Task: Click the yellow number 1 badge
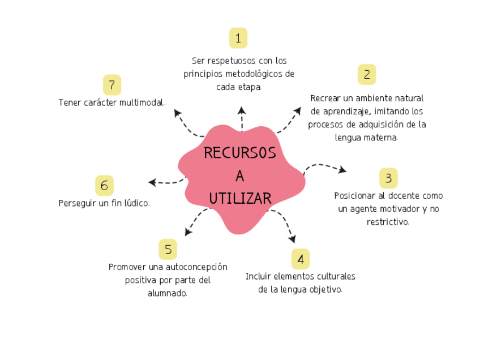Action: [238, 38]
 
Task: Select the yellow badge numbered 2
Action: [367, 74]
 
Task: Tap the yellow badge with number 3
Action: [388, 178]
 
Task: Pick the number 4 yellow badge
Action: [301, 259]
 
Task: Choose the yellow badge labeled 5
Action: [168, 249]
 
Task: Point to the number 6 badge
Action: [104, 186]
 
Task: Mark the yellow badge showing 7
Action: [112, 85]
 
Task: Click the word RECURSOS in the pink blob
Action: [240, 153]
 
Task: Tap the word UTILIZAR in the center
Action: [240, 198]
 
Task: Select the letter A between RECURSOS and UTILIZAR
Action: [240, 176]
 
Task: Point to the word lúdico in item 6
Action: [136, 203]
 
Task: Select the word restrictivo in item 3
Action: [388, 222]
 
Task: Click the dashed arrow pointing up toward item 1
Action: [242, 118]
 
